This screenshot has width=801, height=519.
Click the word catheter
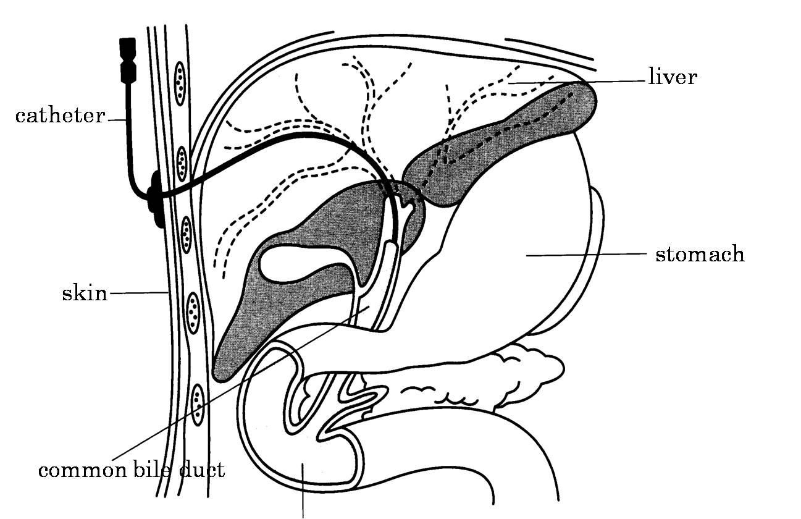(60, 116)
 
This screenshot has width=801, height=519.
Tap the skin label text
(84, 293)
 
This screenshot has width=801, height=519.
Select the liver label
(673, 77)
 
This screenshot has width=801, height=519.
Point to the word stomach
(700, 254)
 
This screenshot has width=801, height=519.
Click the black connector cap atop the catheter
(128, 59)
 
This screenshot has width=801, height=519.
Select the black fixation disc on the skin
(155, 198)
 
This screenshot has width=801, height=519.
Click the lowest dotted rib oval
(197, 405)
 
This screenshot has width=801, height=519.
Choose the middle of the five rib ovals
(187, 234)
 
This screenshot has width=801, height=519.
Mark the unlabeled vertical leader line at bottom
(303, 494)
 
